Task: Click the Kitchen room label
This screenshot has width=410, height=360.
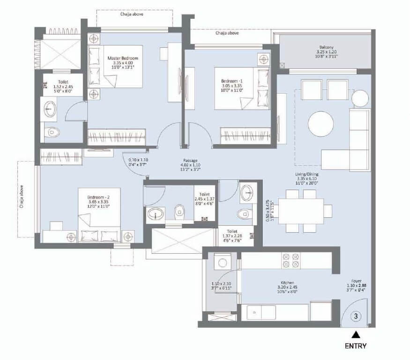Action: [287, 283]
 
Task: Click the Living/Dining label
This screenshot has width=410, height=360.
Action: [307, 174]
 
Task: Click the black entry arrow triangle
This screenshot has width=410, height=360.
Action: [356, 334]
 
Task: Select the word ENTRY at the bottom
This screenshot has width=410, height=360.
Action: [356, 346]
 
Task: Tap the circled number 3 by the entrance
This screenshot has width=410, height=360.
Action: [356, 316]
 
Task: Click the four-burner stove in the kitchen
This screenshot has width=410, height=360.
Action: [290, 260]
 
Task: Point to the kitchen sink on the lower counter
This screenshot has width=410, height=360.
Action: [261, 312]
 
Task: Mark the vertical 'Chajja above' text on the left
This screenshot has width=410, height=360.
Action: [22, 197]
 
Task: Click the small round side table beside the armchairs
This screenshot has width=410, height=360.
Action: [361, 98]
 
